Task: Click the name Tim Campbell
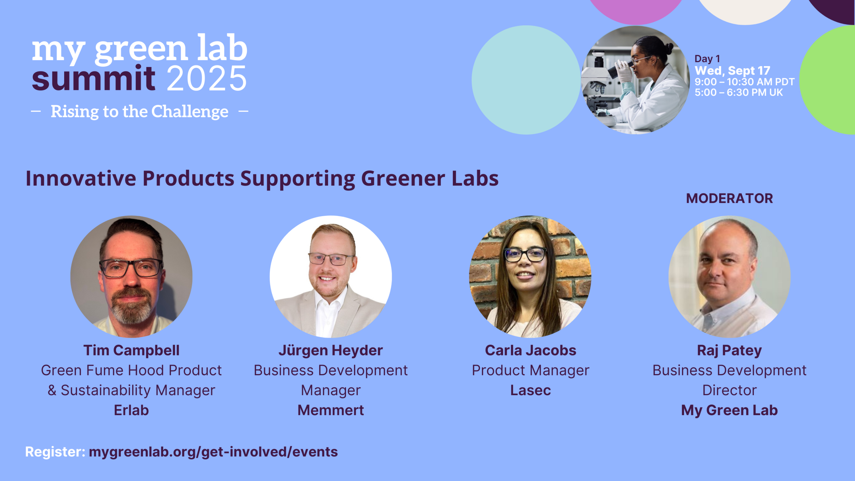pos(131,350)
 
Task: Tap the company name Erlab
pos(131,410)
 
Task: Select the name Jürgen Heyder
pos(331,350)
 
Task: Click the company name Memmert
pos(331,410)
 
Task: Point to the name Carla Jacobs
pos(530,350)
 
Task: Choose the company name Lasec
pos(530,390)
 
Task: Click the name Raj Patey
pos(729,350)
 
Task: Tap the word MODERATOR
pos(729,198)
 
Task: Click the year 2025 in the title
pos(207,78)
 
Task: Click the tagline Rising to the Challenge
pos(140,112)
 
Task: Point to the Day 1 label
pos(707,59)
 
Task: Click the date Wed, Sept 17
pos(732,70)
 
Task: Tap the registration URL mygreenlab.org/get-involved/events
pos(213,452)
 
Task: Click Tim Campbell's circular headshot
pos(131,277)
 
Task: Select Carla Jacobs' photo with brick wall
pos(530,277)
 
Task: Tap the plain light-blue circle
pos(526,80)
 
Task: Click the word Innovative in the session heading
pos(81,178)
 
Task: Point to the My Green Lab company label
pos(729,410)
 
